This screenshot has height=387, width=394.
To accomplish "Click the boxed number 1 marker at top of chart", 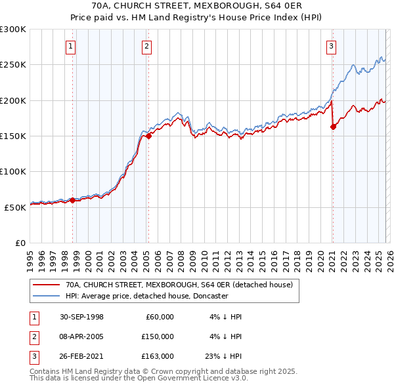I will click(x=70, y=46).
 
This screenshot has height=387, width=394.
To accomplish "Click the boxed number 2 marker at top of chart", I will click(x=146, y=46).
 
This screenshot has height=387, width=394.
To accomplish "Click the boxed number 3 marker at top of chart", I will click(x=332, y=46).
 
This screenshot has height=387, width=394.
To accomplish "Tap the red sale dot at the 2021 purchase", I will click(x=333, y=127).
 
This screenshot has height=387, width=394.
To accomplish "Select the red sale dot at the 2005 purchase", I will click(x=148, y=136).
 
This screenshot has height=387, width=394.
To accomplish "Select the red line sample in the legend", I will click(x=47, y=285).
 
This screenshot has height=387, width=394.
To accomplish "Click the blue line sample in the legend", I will click(x=47, y=296).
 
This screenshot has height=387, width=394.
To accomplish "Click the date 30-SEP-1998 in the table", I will click(x=81, y=317).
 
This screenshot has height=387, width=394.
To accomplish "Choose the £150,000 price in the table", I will click(x=157, y=336).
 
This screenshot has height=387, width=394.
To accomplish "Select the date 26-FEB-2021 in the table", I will click(x=81, y=356).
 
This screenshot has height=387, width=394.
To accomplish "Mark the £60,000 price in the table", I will click(x=159, y=317).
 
